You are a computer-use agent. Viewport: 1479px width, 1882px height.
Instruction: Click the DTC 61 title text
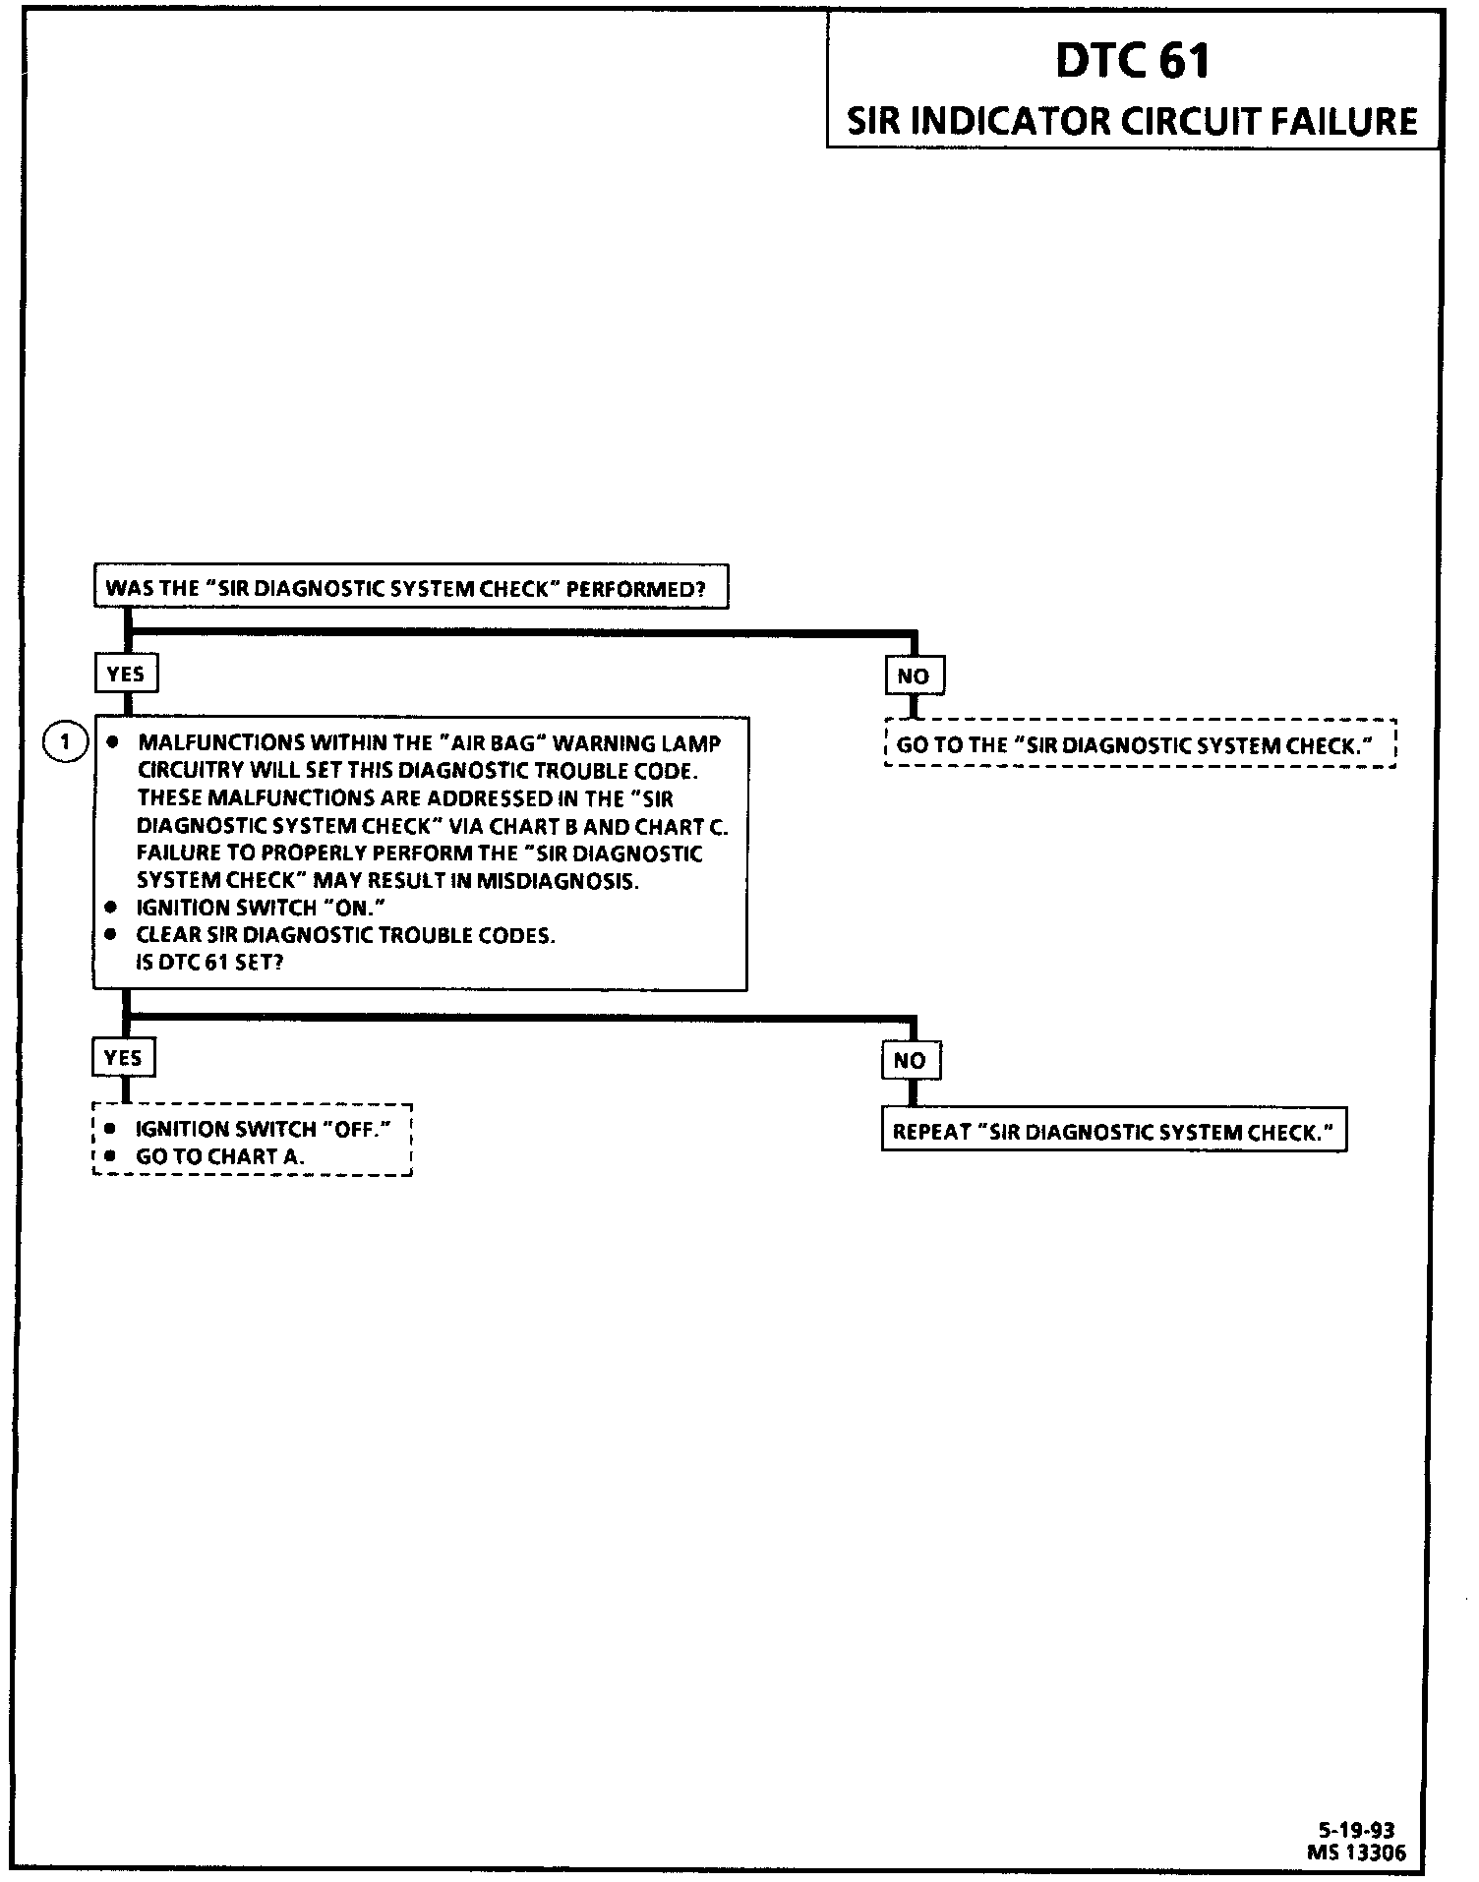1132,61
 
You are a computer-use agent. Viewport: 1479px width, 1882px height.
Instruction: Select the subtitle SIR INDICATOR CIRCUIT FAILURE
1132,122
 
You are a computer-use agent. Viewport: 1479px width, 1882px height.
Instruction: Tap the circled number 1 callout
66,741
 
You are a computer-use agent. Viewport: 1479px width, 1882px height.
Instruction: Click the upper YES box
126,675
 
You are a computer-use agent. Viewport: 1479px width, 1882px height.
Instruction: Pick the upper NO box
914,676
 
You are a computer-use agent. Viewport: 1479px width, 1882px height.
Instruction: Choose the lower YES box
123,1058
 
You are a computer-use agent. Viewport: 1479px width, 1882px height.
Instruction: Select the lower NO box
911,1061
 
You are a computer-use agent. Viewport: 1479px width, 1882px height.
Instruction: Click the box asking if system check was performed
410,589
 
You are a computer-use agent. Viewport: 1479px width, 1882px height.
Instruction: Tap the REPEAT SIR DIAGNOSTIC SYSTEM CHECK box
1113,1132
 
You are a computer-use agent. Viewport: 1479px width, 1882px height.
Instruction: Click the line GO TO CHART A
220,1157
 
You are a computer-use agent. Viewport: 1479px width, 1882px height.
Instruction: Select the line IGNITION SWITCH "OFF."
263,1130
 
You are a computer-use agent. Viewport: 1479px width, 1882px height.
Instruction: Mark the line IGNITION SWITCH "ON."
260,908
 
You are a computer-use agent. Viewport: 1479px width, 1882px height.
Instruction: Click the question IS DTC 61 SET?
209,963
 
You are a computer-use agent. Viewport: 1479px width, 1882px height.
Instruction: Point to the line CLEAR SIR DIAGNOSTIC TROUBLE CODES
345,935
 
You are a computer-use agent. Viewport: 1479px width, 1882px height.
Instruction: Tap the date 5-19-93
1356,1831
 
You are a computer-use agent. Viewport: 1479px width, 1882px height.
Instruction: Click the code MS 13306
1356,1853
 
